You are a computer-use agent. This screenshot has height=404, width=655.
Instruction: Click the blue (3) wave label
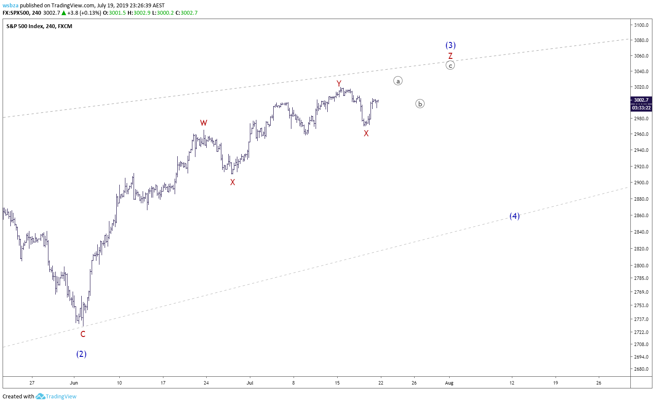(x=451, y=45)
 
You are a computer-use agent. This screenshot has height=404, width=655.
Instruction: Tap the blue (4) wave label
(x=514, y=216)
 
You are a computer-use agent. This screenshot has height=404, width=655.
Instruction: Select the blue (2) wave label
(x=81, y=354)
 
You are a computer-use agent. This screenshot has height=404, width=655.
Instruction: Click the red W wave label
(x=204, y=122)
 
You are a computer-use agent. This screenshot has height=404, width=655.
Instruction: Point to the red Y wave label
(x=339, y=83)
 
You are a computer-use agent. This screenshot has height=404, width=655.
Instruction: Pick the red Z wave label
(x=451, y=56)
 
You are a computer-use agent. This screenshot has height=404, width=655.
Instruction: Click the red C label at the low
(x=83, y=334)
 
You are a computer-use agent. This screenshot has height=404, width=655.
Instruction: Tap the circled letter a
(x=398, y=81)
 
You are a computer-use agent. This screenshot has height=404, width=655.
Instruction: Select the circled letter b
(x=420, y=103)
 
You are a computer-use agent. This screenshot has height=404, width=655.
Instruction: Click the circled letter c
(x=451, y=65)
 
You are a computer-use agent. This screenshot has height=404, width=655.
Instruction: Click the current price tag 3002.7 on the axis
(x=641, y=100)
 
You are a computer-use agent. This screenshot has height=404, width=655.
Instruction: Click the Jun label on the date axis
(x=74, y=383)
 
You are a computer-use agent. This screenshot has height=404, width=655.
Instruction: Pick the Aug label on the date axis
(x=449, y=383)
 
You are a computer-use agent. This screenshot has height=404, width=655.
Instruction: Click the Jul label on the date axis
(x=250, y=383)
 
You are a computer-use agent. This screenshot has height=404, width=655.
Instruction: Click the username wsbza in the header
(x=10, y=5)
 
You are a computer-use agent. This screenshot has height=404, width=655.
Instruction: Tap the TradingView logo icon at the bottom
(x=40, y=396)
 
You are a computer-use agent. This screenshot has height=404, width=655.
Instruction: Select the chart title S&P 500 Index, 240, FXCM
(x=39, y=26)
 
